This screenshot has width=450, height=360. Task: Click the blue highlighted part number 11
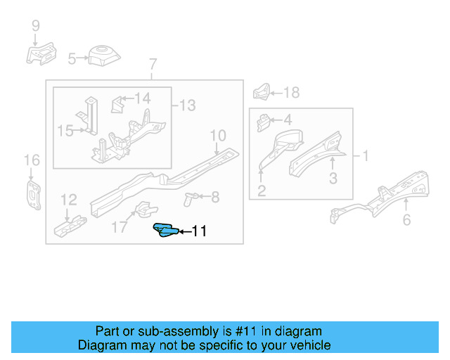[x=166, y=231]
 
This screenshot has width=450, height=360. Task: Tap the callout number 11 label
[x=199, y=231]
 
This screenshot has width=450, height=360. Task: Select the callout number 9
[x=36, y=27]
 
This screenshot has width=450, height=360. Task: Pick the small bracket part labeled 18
[x=262, y=91]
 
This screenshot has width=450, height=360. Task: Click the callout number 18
[x=291, y=92]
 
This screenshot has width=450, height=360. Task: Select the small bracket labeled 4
[x=263, y=122]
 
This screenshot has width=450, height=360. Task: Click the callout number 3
[x=333, y=179]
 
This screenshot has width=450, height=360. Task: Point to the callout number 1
[x=364, y=155]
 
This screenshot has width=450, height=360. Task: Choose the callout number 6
[x=406, y=221]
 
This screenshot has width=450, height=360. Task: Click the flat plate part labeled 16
[x=32, y=194]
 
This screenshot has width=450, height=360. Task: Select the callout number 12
[x=68, y=200]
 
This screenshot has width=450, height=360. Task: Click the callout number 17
[x=120, y=227]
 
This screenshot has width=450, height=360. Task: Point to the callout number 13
[x=186, y=105]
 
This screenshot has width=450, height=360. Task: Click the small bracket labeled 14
[x=117, y=104]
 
